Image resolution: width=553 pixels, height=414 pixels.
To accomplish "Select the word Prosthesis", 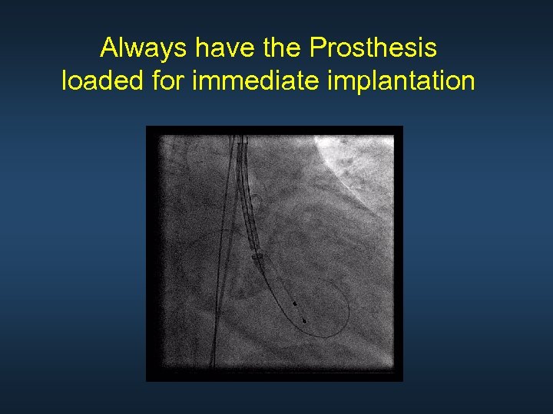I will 373,48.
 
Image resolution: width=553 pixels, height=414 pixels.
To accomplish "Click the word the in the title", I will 283,48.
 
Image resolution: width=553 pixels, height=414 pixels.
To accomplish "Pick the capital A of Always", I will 109,48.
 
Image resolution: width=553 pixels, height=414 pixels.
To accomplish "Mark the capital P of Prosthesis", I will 316,48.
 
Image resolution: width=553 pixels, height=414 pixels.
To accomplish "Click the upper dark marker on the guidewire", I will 295,304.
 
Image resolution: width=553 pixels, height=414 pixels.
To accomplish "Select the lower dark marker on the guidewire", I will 305,320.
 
